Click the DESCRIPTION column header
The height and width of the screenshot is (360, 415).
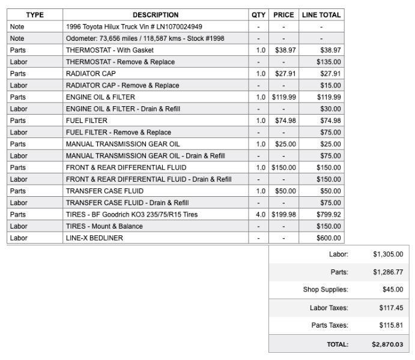[156, 15]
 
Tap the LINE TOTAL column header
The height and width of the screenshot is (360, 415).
[321, 15]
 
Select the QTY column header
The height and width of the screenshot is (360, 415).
[258, 15]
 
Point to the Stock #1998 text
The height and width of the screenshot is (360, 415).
[206, 38]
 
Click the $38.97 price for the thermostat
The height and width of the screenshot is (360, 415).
[285, 50]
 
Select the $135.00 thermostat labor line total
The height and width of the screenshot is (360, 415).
[329, 62]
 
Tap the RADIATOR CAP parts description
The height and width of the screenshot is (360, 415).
[91, 74]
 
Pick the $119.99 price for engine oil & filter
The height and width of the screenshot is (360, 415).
[283, 97]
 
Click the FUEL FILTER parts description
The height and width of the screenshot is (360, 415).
[86, 121]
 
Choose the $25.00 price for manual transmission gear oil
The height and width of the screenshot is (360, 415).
[285, 144]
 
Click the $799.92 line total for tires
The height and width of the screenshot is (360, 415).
[329, 214]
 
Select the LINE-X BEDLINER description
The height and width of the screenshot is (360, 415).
[94, 238]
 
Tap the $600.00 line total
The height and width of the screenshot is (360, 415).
[329, 238]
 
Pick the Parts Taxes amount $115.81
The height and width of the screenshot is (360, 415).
[390, 325]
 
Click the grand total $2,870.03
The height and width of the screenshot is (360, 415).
[387, 345]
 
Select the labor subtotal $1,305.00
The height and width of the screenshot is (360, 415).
[388, 254]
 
